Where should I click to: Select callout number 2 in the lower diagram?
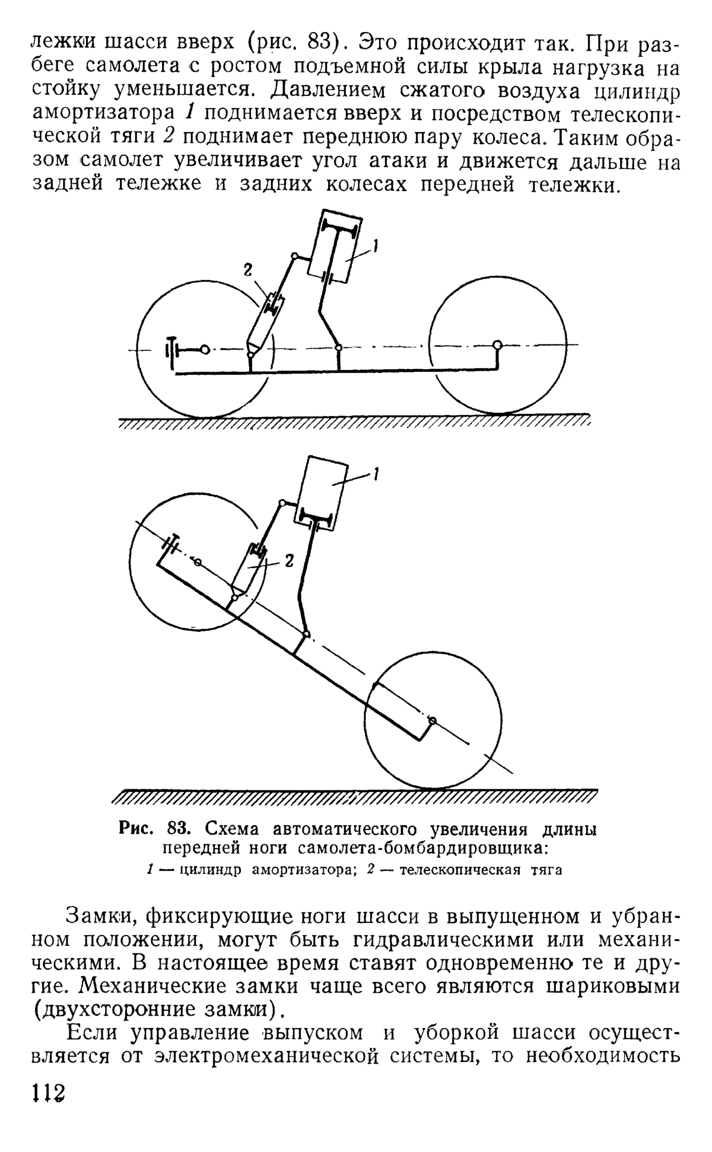[x=290, y=560]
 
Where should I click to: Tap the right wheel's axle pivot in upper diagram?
[x=497, y=345]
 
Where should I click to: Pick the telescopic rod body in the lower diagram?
[x=249, y=569]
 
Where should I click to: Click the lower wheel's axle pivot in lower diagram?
[x=433, y=720]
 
